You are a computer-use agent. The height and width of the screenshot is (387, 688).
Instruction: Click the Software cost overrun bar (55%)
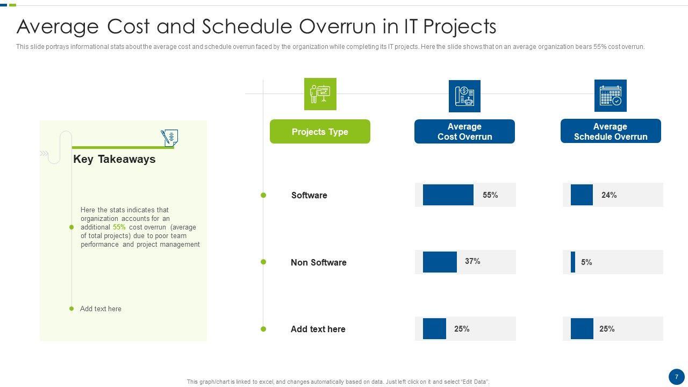(448, 195)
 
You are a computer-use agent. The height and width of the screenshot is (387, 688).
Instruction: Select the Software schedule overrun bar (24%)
(582, 195)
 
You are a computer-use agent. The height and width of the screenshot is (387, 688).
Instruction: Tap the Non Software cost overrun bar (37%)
(440, 262)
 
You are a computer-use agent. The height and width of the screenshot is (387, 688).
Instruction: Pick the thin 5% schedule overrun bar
(573, 262)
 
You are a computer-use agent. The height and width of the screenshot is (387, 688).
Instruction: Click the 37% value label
(472, 261)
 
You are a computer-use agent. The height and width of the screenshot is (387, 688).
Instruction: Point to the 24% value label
(609, 195)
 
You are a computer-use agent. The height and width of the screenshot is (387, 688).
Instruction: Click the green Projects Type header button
(320, 132)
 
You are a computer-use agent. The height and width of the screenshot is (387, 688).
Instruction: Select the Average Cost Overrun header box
(464, 132)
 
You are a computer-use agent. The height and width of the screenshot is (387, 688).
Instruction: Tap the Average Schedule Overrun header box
(611, 131)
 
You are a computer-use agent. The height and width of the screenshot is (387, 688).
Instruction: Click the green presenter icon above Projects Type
(320, 94)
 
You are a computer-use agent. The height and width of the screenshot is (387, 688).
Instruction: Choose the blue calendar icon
(610, 96)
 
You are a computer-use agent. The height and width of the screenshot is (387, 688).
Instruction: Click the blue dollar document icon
(464, 96)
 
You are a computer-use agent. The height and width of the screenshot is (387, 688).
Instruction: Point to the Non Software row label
(319, 262)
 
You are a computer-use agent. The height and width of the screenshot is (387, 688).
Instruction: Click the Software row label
(309, 195)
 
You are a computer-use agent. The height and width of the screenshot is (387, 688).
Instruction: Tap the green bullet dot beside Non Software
(263, 262)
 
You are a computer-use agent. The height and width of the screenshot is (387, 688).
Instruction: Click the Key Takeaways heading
(114, 159)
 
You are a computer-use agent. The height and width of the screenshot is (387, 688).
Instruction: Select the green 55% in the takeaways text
(119, 227)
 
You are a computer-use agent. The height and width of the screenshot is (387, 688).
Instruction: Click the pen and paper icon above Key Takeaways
(169, 138)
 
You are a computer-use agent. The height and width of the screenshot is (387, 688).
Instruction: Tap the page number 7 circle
(677, 377)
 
